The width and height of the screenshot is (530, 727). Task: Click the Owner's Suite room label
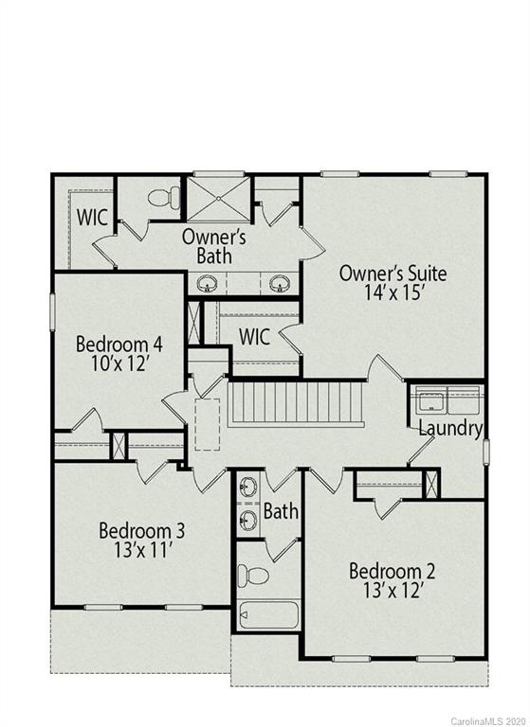coord(393,275)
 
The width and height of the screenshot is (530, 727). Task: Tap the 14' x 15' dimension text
coord(393,294)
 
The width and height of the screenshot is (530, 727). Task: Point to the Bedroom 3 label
coord(142,530)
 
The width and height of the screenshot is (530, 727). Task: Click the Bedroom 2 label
coord(392,571)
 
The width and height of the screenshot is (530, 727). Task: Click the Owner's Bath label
coord(214,246)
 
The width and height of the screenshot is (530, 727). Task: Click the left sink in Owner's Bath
coord(208,282)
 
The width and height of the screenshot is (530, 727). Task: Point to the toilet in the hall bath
coord(251,573)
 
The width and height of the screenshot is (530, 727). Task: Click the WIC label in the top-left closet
coord(93,216)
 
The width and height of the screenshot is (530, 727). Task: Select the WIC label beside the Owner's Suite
coord(256,336)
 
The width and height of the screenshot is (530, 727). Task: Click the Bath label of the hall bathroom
coord(281,512)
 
